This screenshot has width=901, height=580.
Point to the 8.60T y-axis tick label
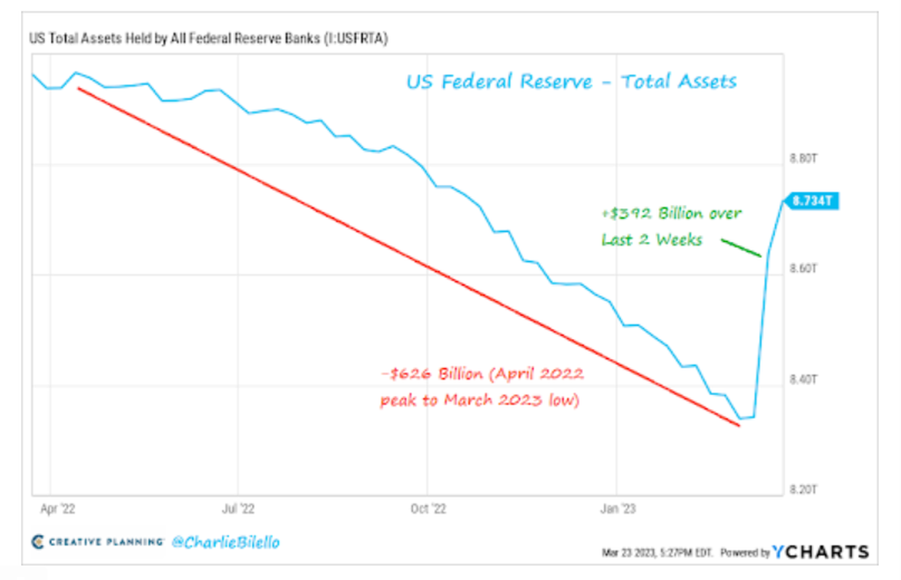coord(804,269)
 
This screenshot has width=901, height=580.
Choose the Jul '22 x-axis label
coord(239,508)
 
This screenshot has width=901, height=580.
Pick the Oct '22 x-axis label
coord(427,508)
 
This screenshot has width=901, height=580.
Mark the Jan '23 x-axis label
coord(615,508)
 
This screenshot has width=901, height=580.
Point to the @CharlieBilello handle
coord(225,542)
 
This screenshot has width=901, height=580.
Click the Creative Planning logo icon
coord(38,542)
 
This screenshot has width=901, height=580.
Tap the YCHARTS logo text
coord(821,552)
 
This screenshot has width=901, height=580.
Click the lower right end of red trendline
coord(738,425)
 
